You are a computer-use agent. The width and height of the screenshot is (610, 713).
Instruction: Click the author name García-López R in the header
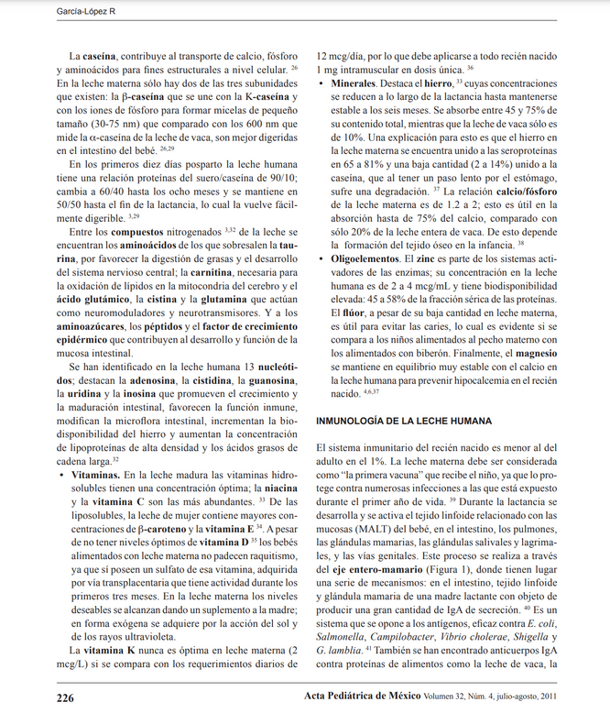click(x=38, y=9)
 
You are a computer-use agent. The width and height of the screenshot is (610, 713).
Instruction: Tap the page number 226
click(x=65, y=697)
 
